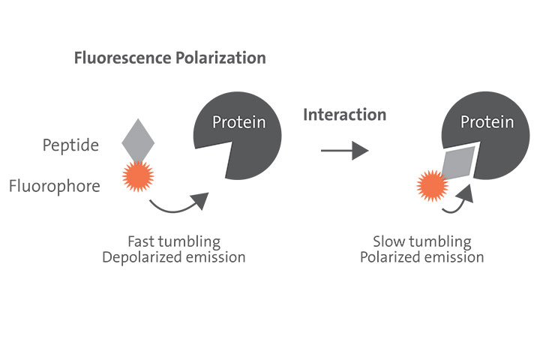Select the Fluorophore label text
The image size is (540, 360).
pos(54,185)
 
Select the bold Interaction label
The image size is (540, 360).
pos(344,115)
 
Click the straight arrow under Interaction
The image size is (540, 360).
pos(344,151)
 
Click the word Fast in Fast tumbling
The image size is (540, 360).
pos(142,241)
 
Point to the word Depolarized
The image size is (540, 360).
pos(160,257)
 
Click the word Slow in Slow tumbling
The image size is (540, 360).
pos(388,241)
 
